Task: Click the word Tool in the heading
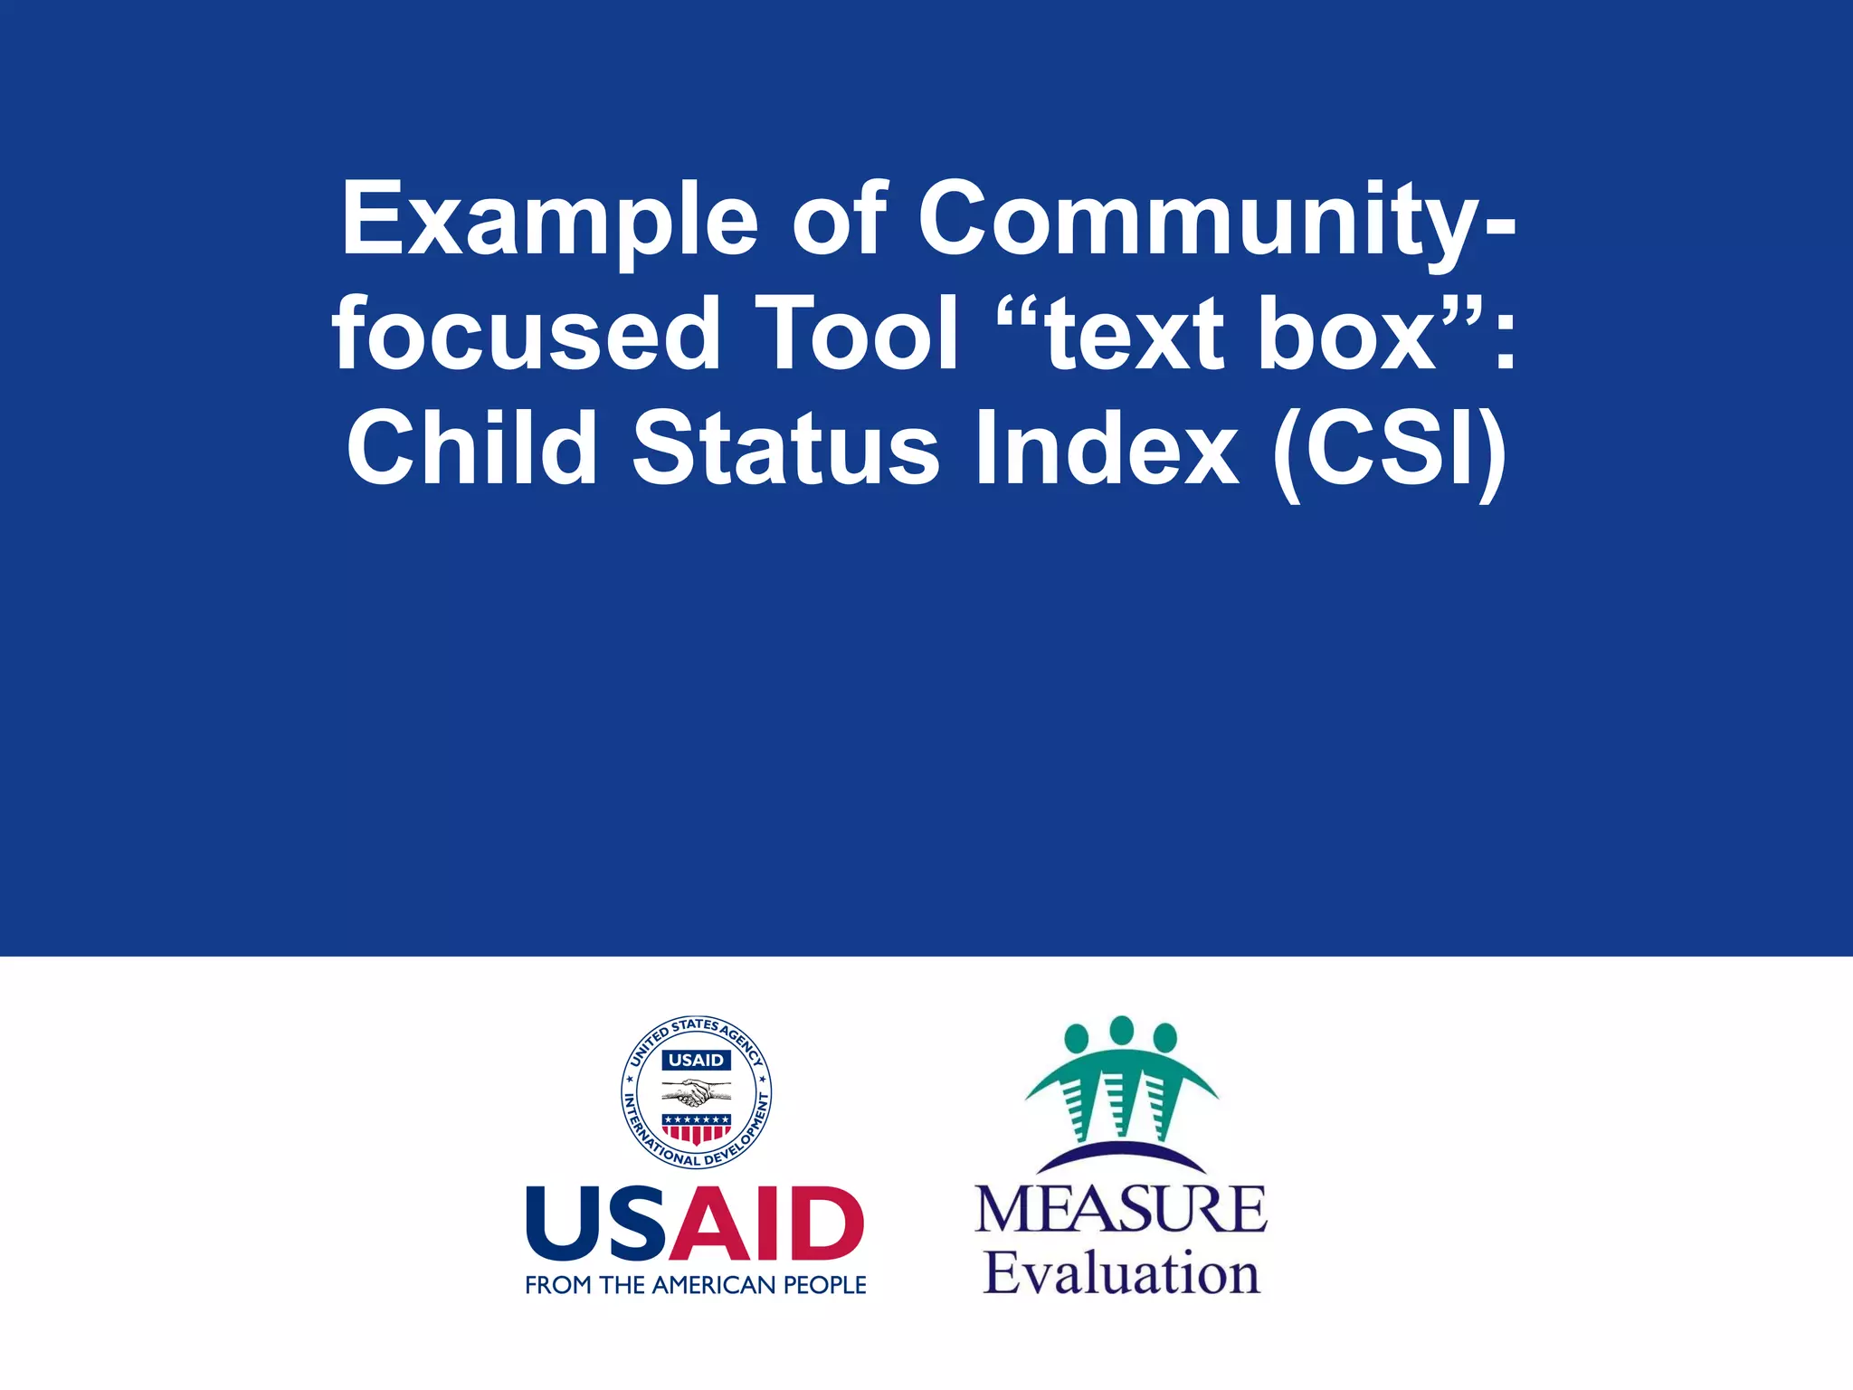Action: [856, 335]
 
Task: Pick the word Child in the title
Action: [471, 448]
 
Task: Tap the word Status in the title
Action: [786, 448]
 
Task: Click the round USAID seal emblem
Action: [696, 1091]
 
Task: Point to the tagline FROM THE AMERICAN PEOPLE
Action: [696, 1285]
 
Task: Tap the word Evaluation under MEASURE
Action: [1121, 1273]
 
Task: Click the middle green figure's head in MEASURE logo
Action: [1121, 1030]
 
